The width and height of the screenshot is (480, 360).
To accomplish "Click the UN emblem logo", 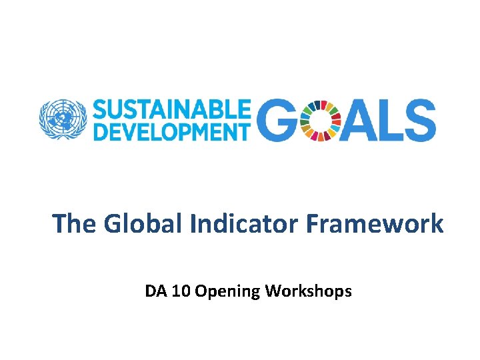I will click(x=63, y=120).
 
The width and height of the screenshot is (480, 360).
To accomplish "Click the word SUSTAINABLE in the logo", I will click(x=172, y=109).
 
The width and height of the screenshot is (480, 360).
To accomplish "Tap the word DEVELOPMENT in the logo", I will click(x=172, y=131).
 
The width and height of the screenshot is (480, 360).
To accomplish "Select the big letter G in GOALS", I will click(x=276, y=121).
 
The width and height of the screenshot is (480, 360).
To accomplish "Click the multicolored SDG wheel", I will click(x=321, y=121).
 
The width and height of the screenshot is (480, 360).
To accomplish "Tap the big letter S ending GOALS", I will click(x=421, y=121).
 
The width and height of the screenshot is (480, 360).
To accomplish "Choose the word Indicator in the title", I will click(x=245, y=224).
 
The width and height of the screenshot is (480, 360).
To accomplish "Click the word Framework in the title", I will click(x=374, y=224).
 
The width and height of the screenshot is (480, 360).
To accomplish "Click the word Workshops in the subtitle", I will click(x=309, y=291).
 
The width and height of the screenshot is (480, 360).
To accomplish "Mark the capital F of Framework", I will click(x=312, y=224).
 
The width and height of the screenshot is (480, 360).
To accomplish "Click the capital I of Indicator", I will click(x=193, y=224).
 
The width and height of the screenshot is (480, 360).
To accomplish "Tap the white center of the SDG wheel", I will click(x=321, y=121).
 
